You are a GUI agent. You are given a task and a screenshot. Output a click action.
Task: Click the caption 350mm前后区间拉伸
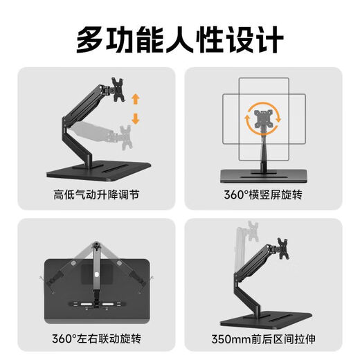click(x=264, y=339)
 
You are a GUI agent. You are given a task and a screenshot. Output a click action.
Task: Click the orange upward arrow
click(x=135, y=98)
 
